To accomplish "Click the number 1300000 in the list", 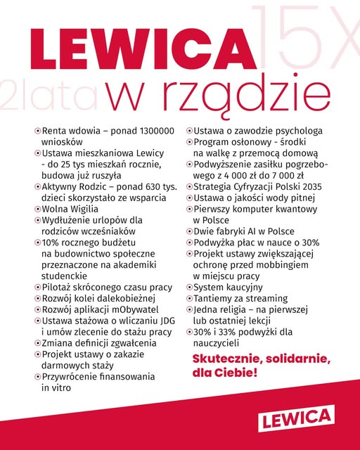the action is tap(148, 131).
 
